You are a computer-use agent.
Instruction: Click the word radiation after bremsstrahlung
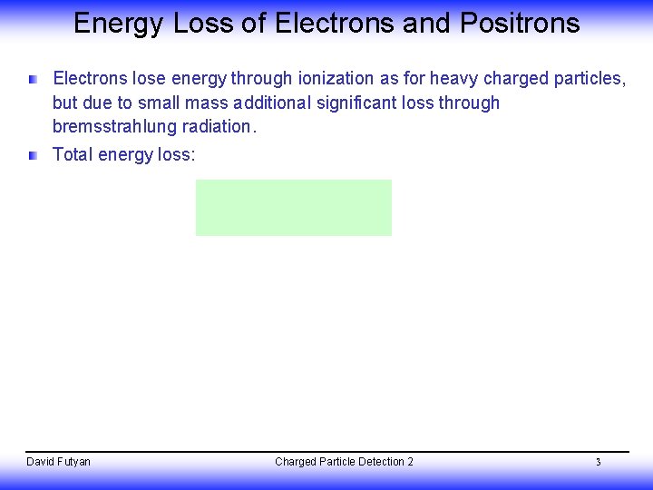220,126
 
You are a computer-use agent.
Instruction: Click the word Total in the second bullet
73,154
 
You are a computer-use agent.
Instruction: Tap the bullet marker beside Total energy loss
33,155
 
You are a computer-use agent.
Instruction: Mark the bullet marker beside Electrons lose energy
33,80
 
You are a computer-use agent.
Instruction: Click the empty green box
293,207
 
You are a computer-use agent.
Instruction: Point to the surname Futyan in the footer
73,462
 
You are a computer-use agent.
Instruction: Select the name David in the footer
41,462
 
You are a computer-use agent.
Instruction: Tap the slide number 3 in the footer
598,463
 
